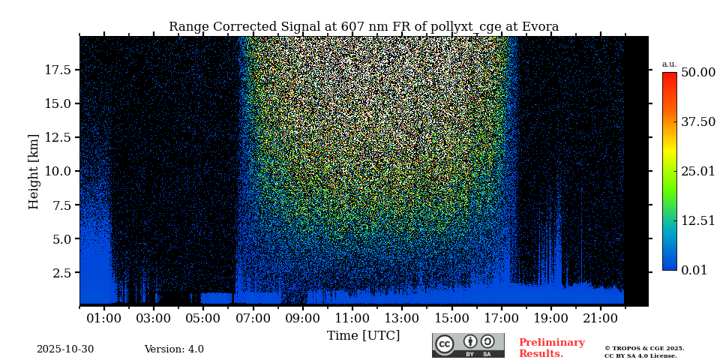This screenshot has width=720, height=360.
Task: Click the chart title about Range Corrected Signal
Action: coord(364,27)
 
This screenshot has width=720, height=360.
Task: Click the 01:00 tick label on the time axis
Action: coord(104,319)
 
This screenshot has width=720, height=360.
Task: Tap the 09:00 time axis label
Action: coord(303,319)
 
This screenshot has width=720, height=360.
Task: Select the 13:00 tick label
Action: coord(402,319)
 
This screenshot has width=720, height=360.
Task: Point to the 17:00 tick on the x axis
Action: coord(502,319)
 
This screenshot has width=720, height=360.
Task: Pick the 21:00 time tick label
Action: coord(601,319)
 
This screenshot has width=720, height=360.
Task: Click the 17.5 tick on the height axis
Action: coord(58,70)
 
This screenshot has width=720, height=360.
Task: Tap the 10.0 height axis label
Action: coord(58,171)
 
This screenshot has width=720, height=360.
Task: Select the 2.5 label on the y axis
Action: coord(62,273)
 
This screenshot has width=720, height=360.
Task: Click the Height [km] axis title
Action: coord(34,171)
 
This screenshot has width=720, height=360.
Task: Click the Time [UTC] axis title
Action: coord(363,336)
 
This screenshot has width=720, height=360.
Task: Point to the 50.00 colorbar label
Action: coord(697,72)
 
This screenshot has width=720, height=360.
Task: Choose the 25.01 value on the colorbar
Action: coord(697,171)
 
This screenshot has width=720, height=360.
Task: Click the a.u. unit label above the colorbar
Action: coord(669,64)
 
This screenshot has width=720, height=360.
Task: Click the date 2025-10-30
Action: coord(65,349)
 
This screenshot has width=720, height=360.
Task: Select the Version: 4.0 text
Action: coord(174,349)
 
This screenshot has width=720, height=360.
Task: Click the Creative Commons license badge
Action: coord(468,345)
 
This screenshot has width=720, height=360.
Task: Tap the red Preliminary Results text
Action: coord(551,348)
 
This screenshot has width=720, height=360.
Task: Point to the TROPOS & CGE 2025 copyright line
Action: coord(644,348)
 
